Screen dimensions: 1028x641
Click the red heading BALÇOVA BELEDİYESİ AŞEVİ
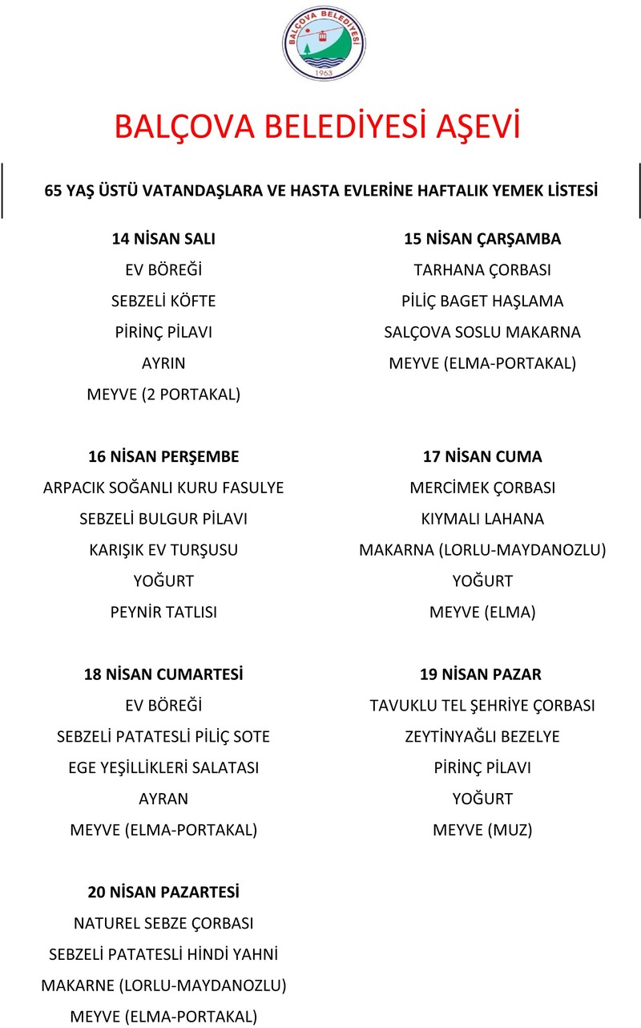tap(317, 127)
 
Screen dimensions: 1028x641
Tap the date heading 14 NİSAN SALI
tap(163, 239)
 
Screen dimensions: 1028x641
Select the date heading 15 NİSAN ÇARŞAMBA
tap(482, 239)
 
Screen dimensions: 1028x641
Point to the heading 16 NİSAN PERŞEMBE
tap(163, 456)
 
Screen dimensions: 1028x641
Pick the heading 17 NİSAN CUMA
tap(482, 456)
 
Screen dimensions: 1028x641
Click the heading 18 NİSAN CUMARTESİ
tap(163, 674)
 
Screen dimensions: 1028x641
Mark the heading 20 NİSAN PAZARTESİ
tap(163, 892)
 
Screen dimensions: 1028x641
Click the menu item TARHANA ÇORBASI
tap(482, 270)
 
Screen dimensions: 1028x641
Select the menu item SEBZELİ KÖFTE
tap(163, 302)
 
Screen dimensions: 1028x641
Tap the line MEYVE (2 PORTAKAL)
tap(163, 395)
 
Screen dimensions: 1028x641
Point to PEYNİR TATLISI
tap(163, 612)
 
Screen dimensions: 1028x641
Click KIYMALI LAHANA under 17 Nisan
tap(482, 519)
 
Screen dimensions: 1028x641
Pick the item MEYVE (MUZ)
tap(482, 830)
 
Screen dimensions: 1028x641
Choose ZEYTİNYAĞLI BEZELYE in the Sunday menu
tap(482, 736)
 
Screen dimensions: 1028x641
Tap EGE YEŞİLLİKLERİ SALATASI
tap(163, 767)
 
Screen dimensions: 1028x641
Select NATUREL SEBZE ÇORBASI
tap(163, 923)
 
